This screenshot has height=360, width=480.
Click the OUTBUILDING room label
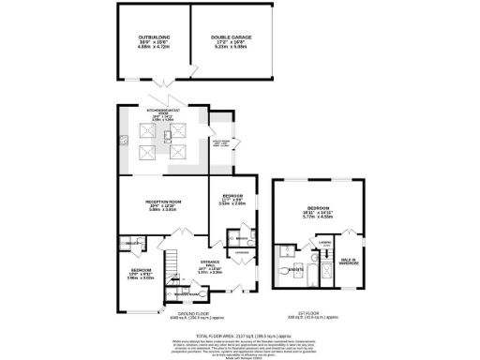click(x=153, y=37)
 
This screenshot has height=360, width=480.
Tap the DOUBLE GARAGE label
click(x=229, y=37)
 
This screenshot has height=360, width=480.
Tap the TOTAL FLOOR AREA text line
click(x=239, y=335)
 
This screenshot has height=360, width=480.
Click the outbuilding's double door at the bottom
click(x=190, y=71)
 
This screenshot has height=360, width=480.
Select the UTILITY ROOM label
click(x=221, y=143)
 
